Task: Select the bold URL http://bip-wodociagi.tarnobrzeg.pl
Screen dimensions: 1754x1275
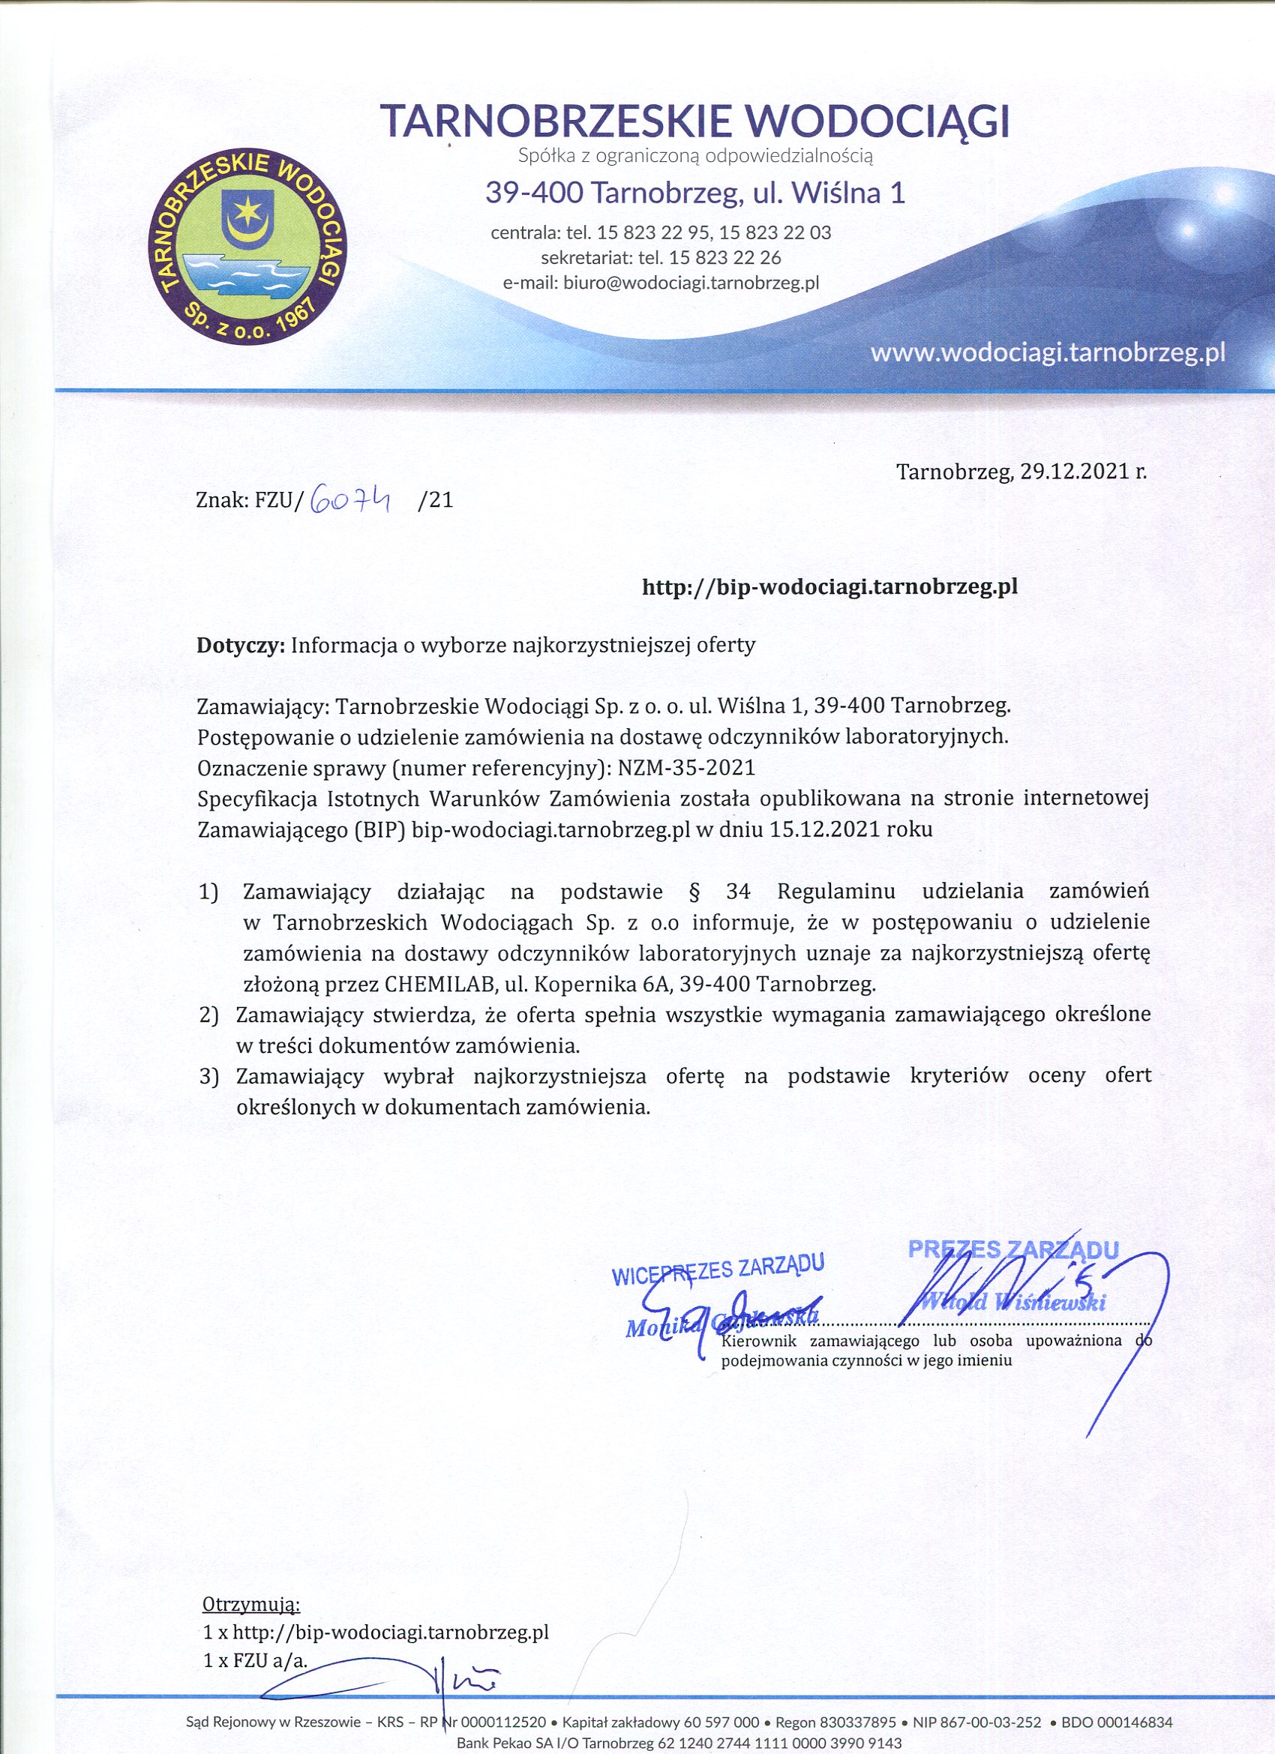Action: point(829,587)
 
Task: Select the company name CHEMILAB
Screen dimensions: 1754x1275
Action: point(442,985)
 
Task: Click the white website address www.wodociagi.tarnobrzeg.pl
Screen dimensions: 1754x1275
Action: point(1048,353)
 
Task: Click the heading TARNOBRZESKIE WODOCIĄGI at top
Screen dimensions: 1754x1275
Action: point(694,121)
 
